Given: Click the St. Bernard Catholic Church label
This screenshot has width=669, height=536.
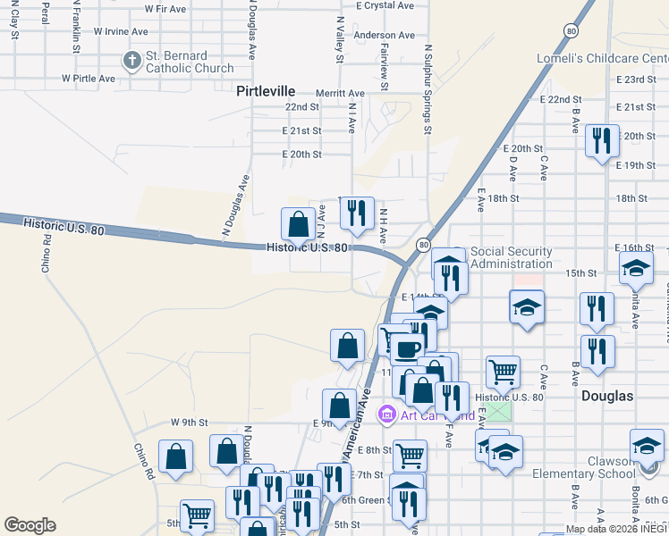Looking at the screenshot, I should [190, 61].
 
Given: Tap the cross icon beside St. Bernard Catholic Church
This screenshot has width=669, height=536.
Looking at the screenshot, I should [131, 61].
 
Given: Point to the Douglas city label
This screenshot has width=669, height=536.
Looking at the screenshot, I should [607, 396].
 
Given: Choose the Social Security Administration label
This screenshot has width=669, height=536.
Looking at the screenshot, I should [511, 257].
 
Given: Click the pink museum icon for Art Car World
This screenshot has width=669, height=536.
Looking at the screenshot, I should [387, 414].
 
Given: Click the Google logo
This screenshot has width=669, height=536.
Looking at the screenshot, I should [30, 525].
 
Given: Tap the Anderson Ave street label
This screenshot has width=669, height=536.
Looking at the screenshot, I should [385, 36].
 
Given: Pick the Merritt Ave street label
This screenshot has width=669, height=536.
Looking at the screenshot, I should [339, 93].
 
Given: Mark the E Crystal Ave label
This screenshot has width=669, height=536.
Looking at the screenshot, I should [385, 5].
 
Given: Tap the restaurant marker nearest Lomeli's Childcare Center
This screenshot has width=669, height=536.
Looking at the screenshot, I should [599, 140].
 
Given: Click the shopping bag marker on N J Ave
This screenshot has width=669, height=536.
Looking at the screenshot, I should [298, 223].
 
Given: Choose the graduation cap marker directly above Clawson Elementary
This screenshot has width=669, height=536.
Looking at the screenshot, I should [647, 444].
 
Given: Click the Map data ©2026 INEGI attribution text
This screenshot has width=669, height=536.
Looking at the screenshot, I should [617, 529].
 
